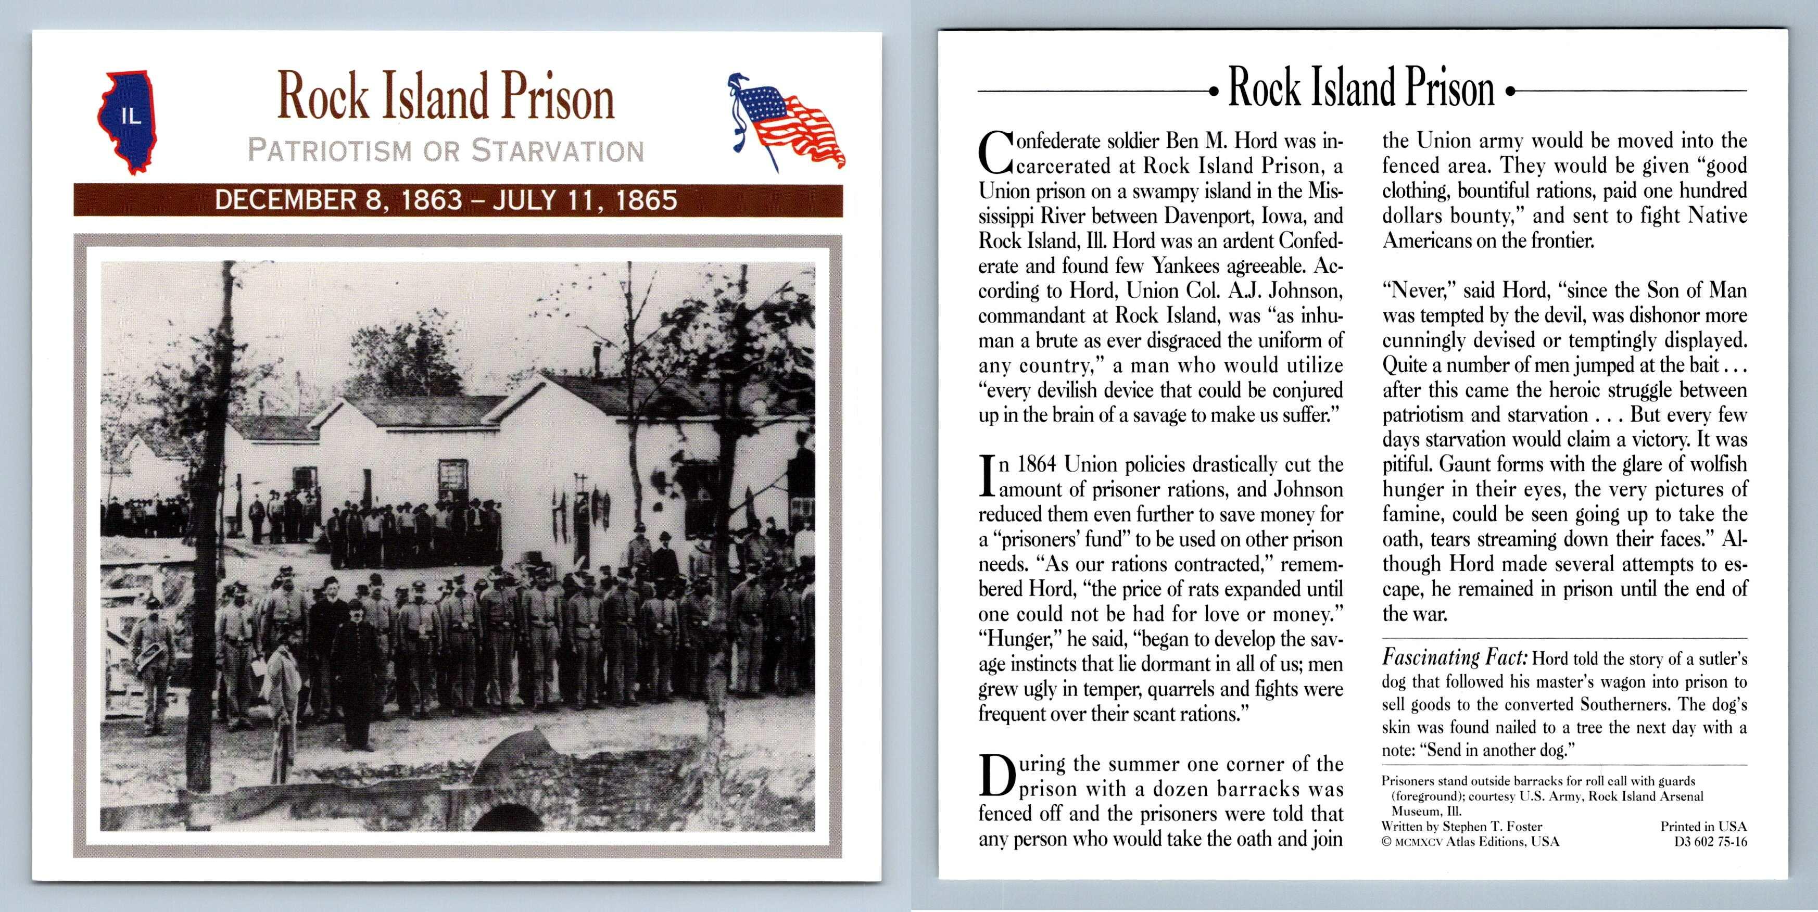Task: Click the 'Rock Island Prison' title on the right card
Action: tap(1361, 88)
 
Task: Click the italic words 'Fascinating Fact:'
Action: tap(1455, 658)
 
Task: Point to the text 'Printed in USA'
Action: tap(1703, 826)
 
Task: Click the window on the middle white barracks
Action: tap(452, 480)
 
